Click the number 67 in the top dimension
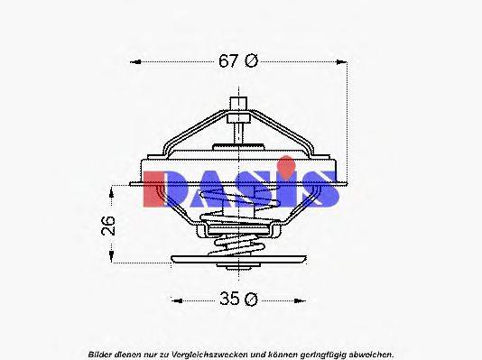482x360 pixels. point(229,61)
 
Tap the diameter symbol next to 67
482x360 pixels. point(252,61)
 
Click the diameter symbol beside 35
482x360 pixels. point(252,300)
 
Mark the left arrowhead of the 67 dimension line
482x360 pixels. point(136,62)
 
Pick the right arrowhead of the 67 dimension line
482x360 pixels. point(342,62)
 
